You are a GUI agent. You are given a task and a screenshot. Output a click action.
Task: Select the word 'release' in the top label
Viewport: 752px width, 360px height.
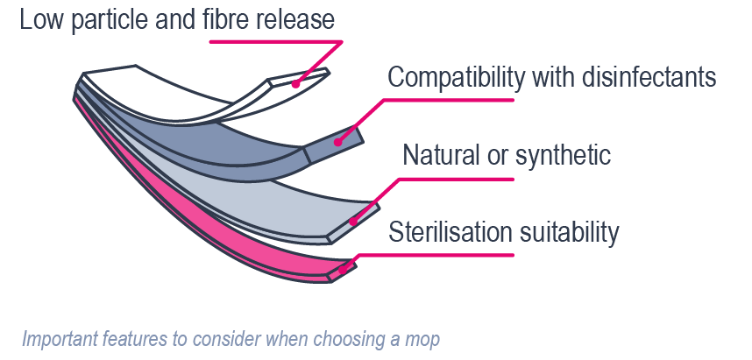pos(294,19)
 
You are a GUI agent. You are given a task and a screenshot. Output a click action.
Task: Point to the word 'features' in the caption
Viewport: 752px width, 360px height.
pos(126,338)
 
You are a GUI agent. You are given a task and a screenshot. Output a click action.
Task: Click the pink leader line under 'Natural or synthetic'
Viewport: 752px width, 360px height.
pos(456,179)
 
